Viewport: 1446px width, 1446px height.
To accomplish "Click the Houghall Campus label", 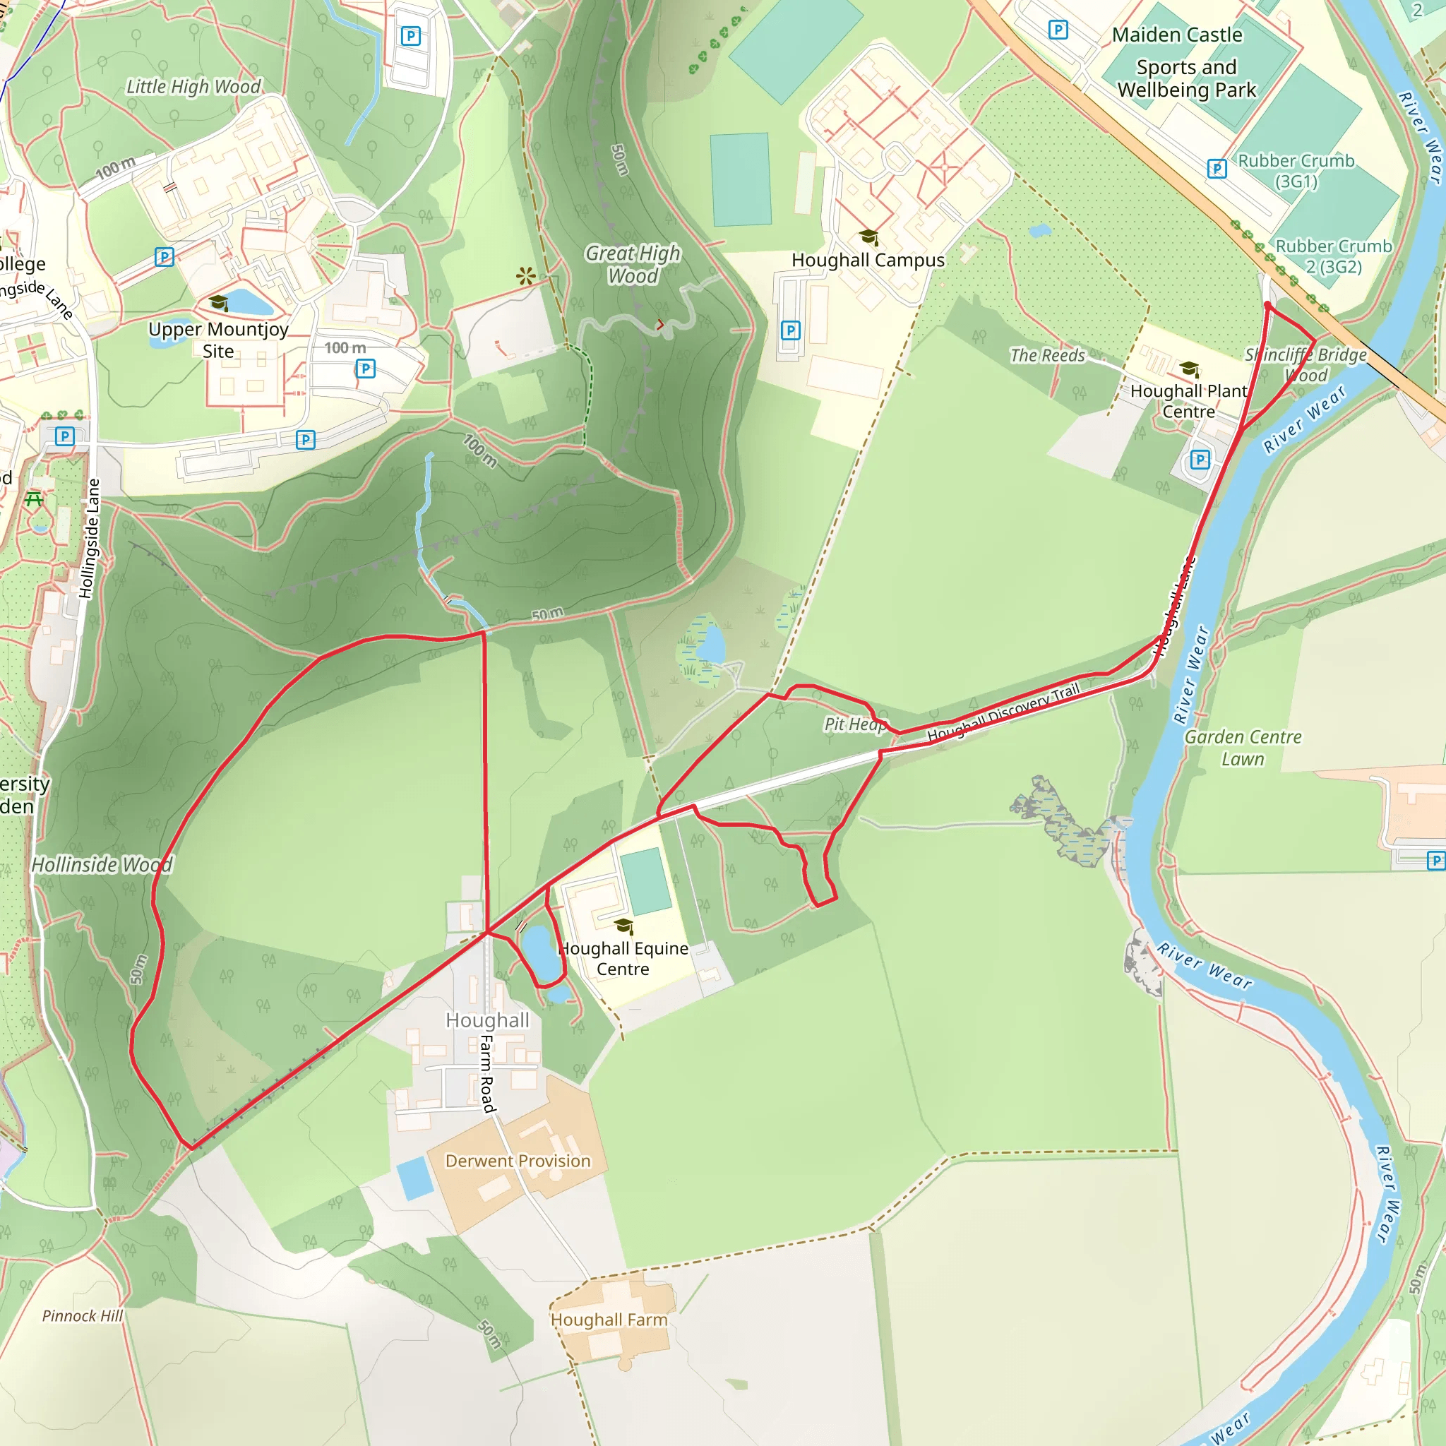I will pyautogui.click(x=868, y=261).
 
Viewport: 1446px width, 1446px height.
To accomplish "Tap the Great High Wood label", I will pyautogui.click(x=633, y=264).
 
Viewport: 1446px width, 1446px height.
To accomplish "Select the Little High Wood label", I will pyautogui.click(x=193, y=87).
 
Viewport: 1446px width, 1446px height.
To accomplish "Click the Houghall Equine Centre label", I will pyautogui.click(x=623, y=958).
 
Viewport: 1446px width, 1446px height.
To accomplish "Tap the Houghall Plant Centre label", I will pyautogui.click(x=1188, y=401).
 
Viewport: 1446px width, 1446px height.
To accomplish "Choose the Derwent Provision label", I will pyautogui.click(x=518, y=1161).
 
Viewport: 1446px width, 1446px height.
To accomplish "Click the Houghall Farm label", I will pyautogui.click(x=609, y=1320).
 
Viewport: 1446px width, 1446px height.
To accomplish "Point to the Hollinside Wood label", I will pyautogui.click(x=102, y=864).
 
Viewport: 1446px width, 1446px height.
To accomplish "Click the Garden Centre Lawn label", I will pyautogui.click(x=1243, y=748).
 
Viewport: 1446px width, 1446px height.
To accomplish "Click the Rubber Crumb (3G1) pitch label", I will pyautogui.click(x=1296, y=171).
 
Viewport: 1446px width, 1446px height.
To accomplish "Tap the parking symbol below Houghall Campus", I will pyautogui.click(x=790, y=330).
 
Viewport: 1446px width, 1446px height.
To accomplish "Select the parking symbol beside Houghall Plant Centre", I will pyautogui.click(x=1200, y=460).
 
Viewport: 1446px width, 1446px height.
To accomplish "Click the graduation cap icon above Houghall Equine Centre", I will pyautogui.click(x=623, y=926).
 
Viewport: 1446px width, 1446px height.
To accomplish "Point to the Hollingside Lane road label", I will pyautogui.click(x=89, y=539).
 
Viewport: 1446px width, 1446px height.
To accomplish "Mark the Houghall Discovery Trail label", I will pyautogui.click(x=1003, y=712).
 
